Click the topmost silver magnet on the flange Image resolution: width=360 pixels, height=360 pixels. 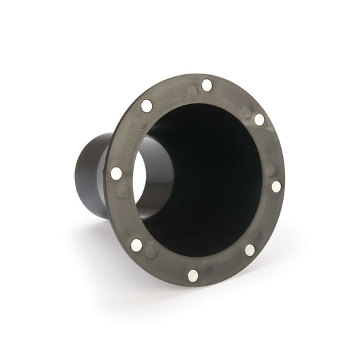[207, 85]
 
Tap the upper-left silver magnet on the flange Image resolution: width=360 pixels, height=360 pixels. [147, 105]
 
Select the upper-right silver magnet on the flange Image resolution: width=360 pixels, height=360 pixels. [259, 119]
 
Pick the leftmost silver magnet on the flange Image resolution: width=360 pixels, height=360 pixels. [116, 173]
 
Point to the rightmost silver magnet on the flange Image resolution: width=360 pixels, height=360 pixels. [276, 186]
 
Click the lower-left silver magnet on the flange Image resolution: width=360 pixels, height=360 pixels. [136, 245]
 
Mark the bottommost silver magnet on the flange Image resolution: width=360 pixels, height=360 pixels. [194, 275]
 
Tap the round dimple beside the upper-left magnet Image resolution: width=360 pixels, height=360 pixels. [140, 123]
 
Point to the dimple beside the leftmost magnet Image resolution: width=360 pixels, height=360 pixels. [122, 191]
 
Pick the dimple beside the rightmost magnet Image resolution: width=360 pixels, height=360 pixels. [269, 169]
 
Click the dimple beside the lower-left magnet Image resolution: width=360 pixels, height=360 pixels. [152, 251]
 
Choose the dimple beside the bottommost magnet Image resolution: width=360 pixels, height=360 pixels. [211, 274]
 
